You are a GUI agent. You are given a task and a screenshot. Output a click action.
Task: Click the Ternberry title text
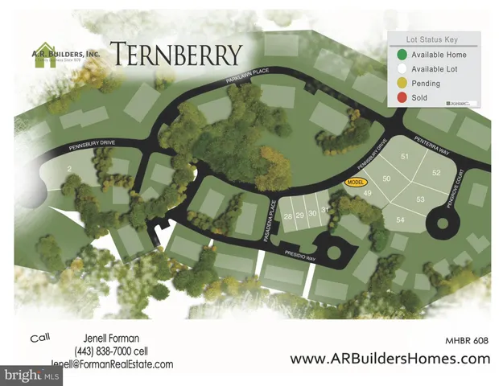(x=175, y=54)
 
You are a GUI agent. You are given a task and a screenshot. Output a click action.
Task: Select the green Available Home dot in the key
(x=400, y=55)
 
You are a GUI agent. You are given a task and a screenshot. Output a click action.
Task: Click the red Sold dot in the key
(x=400, y=97)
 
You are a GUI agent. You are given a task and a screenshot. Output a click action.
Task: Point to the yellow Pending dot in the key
(x=400, y=84)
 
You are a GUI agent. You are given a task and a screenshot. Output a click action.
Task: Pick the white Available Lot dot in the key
(x=400, y=69)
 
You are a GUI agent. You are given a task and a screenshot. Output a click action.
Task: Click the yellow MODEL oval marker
(x=356, y=183)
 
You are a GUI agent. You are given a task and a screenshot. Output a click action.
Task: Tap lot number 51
(x=405, y=156)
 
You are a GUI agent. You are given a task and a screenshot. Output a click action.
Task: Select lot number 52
(x=436, y=173)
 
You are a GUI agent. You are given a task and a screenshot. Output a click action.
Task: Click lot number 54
(x=399, y=220)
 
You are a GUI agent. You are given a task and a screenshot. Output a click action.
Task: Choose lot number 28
(x=287, y=216)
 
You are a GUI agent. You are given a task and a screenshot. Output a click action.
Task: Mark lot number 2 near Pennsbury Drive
(x=71, y=168)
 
